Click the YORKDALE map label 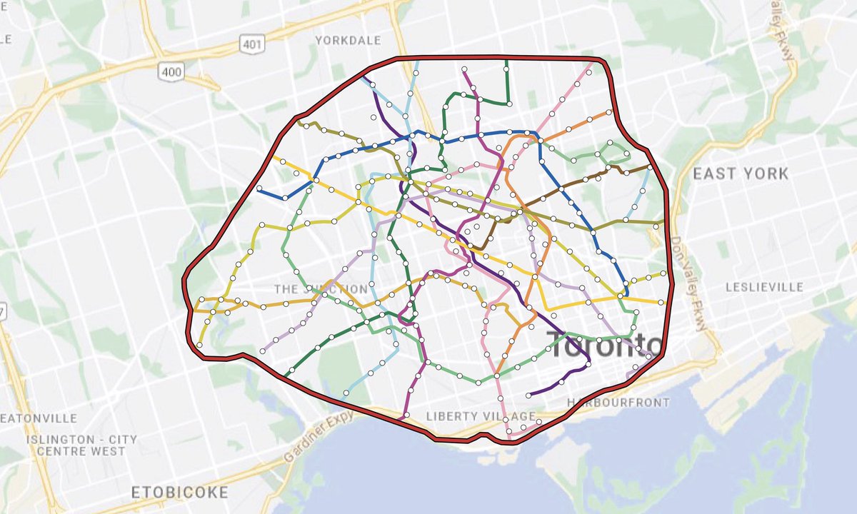coord(348,41)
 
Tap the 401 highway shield coord(251,45)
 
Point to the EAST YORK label coord(741,173)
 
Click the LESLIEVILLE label coord(763,288)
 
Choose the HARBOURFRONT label coord(617,403)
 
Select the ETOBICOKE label coord(180,493)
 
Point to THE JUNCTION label coord(321,289)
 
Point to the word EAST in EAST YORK coord(715,173)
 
